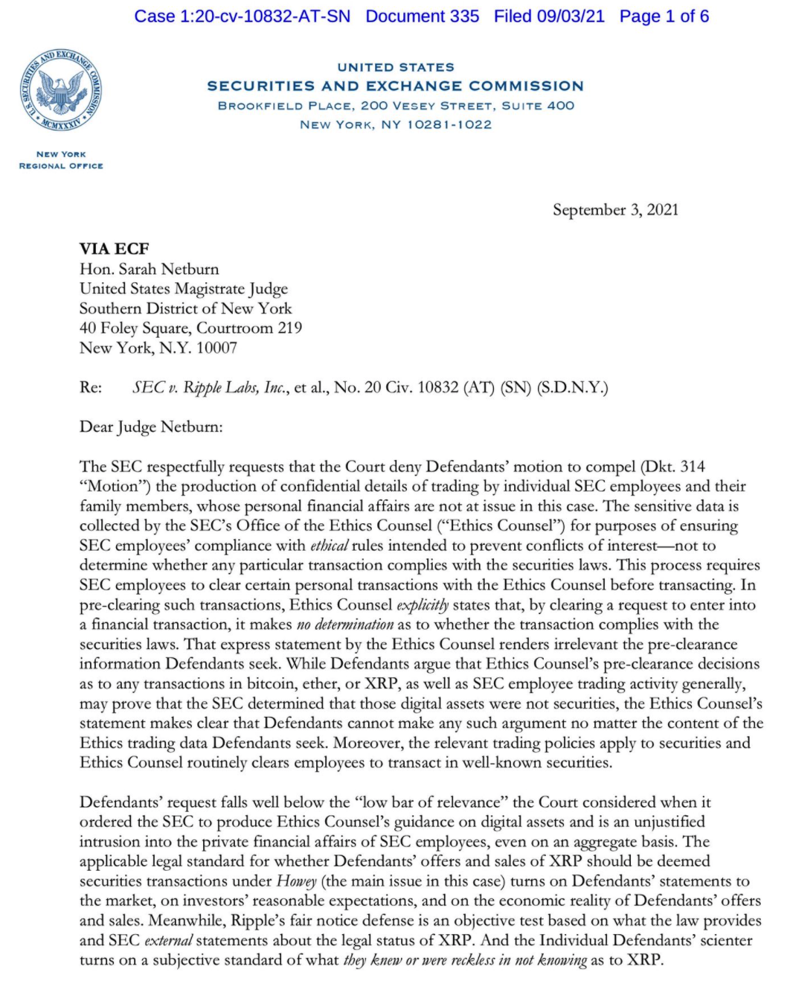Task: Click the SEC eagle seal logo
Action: pos(61,92)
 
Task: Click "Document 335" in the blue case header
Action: pos(422,16)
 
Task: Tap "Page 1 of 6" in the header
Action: pos(664,16)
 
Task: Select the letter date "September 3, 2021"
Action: pos(615,210)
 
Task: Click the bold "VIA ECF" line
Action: pos(115,249)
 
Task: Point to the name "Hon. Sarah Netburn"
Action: pos(149,269)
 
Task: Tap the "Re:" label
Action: pos(91,387)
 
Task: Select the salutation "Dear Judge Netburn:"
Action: pos(151,427)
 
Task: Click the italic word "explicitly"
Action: pos(423,605)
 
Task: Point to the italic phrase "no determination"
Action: pos(344,624)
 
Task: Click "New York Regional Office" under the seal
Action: pos(61,160)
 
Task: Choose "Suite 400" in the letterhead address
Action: pos(538,106)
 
